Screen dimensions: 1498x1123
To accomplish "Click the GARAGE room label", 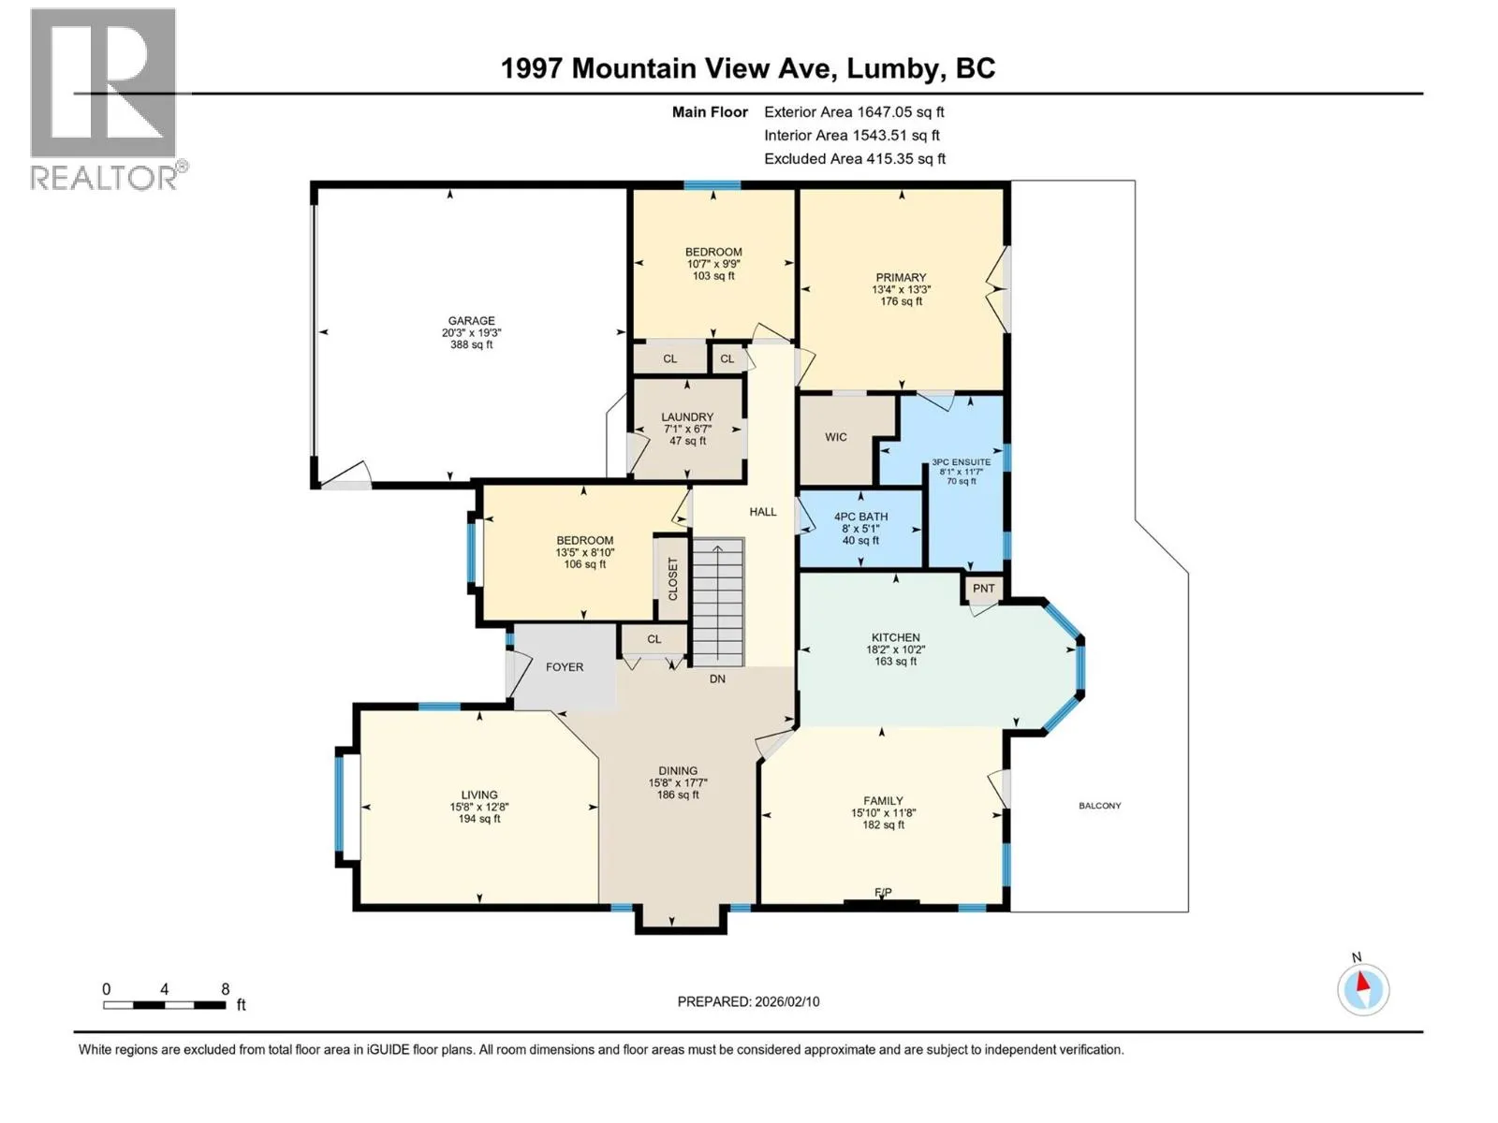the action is coord(471,320).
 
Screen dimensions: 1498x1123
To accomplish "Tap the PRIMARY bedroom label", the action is coord(901,278).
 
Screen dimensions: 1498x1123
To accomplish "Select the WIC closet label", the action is coord(835,437).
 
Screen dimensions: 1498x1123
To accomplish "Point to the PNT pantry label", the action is coord(983,588).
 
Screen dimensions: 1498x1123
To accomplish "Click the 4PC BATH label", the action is coord(860,517).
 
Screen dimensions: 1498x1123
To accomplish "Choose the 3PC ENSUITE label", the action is coord(961,462).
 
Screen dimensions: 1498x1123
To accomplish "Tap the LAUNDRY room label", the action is coord(687,416).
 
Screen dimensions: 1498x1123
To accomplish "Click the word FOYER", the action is coord(565,667).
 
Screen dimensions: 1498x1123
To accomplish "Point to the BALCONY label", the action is coord(1099,805).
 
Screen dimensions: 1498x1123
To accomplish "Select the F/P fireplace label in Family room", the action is coord(883,892).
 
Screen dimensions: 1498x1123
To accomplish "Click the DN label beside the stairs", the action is coord(717,678).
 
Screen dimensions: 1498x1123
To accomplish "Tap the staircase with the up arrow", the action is coord(719,602).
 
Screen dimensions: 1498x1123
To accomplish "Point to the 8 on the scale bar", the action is coord(226,988).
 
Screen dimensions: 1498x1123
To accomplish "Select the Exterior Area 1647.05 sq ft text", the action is coord(854,111).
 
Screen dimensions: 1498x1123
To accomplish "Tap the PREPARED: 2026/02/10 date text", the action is coord(748,1001).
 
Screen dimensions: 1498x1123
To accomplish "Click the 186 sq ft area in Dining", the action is coord(678,795).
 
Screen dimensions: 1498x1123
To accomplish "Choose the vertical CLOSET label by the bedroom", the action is coord(673,579).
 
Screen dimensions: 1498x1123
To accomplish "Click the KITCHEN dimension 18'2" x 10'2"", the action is coord(895,649).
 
